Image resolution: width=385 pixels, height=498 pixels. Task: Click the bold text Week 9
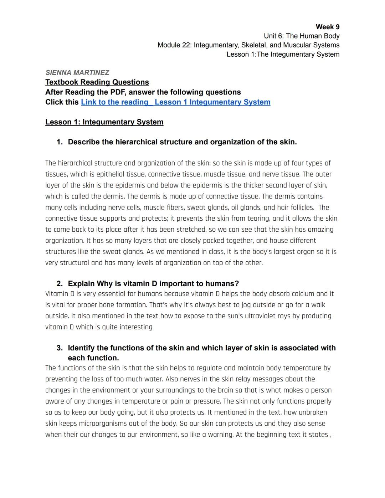coord(327,27)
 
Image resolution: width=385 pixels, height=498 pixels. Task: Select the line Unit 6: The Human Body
coord(301,36)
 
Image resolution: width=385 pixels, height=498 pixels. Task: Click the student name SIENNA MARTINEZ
coord(77,73)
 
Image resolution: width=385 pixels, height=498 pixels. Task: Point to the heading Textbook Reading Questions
coord(97,82)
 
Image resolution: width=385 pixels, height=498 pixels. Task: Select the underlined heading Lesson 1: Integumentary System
coord(104,122)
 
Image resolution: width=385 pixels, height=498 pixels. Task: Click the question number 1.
coord(59,142)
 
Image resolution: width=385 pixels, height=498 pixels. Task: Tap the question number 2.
coord(59,284)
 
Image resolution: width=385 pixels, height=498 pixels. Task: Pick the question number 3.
coord(59,348)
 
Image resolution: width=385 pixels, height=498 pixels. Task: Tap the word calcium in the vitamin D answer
coord(303,294)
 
